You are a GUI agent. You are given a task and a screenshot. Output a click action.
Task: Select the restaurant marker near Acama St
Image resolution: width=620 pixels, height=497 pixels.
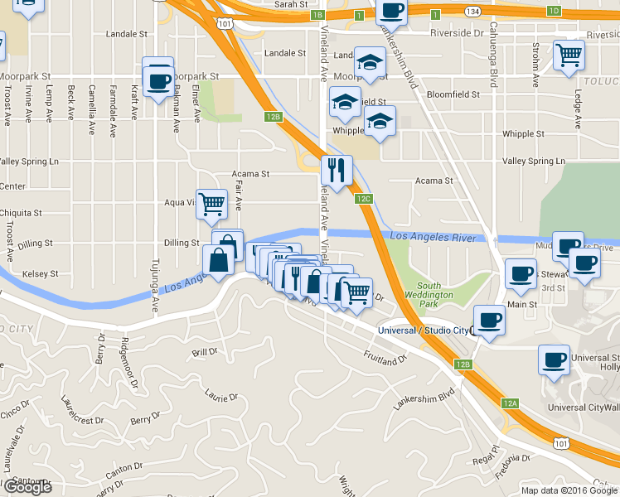337,171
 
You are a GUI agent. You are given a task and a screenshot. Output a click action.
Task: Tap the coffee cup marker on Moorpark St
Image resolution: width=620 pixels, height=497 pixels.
157,82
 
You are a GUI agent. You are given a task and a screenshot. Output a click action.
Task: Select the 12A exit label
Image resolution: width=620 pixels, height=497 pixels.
510,403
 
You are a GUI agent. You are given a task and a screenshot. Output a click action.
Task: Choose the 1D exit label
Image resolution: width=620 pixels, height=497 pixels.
555,11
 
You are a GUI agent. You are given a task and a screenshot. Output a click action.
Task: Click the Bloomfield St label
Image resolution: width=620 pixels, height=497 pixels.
453,94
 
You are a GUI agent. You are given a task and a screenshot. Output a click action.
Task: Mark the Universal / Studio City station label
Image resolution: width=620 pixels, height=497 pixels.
423,331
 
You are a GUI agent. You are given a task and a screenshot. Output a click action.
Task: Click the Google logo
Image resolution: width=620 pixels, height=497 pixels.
27,487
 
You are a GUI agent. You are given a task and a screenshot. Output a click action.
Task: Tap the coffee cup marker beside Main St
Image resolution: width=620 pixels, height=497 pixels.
521,275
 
